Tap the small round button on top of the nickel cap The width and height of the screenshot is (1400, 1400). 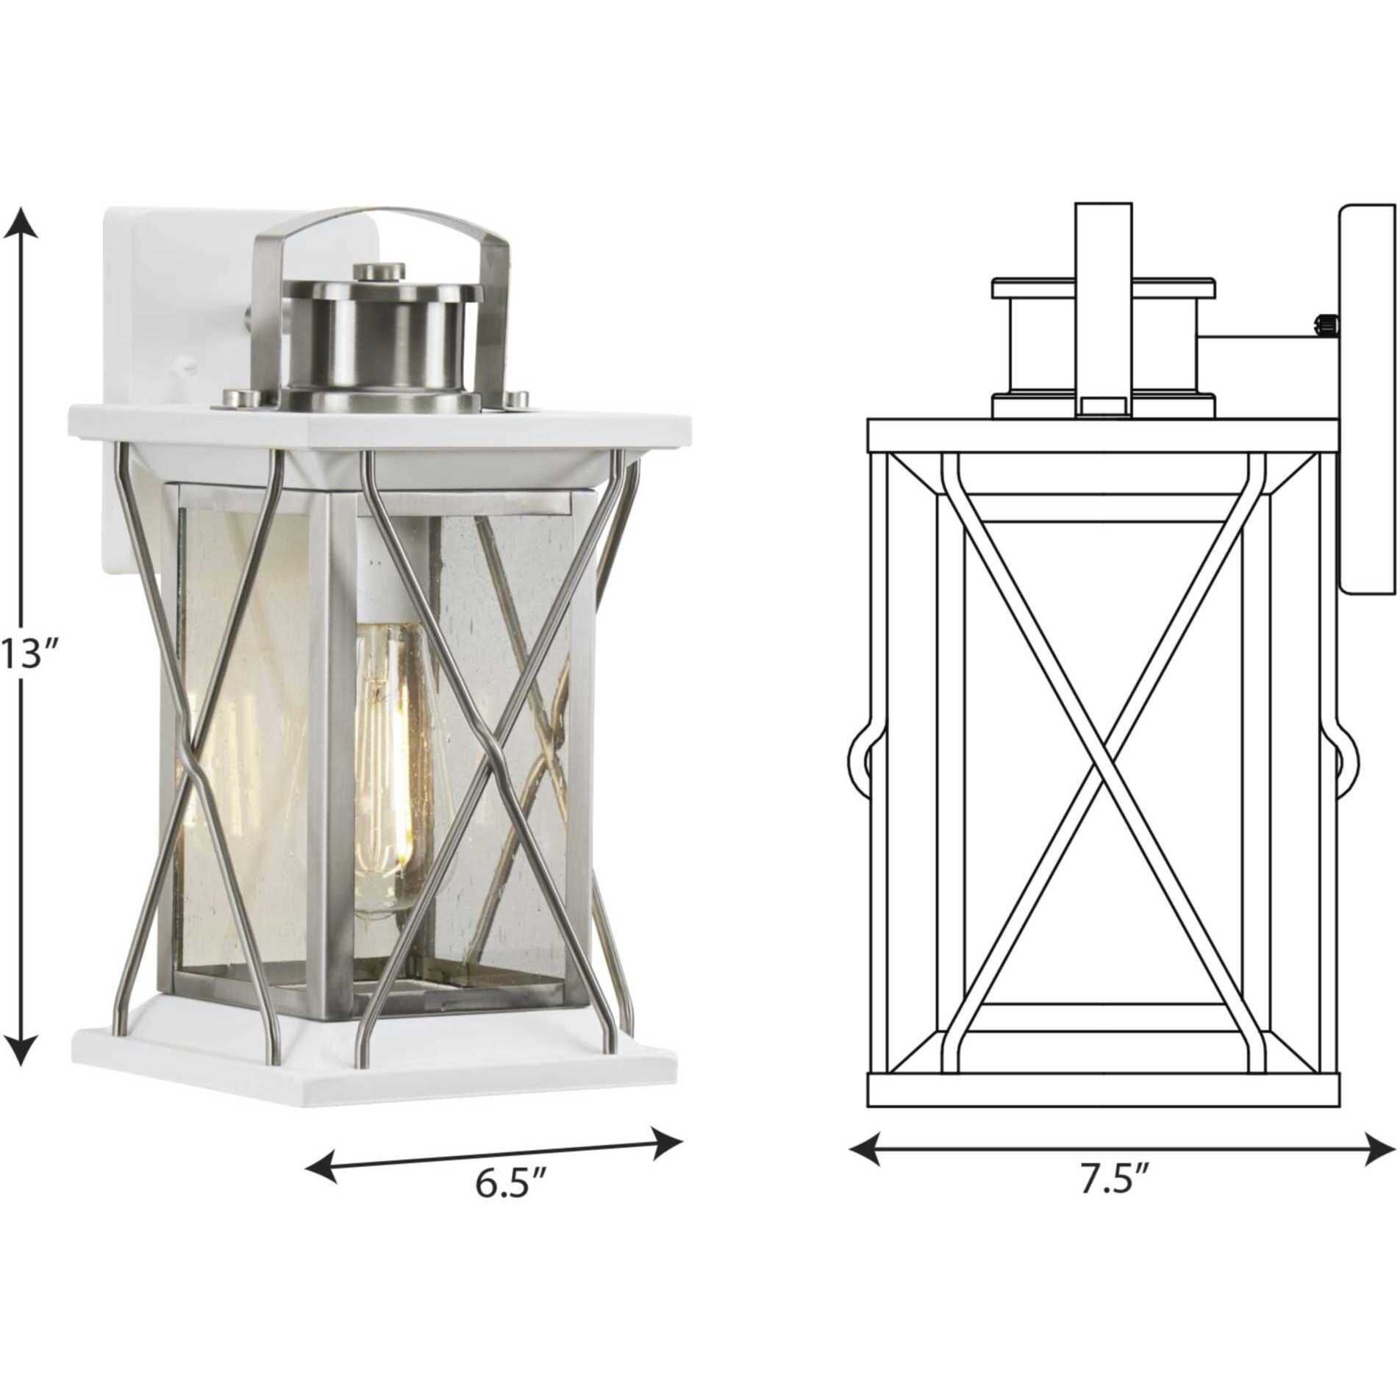pos(379,272)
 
